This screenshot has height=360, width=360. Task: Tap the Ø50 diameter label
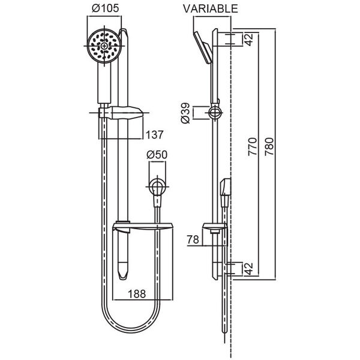tap(157, 155)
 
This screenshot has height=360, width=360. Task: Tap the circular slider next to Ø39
tap(215, 113)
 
